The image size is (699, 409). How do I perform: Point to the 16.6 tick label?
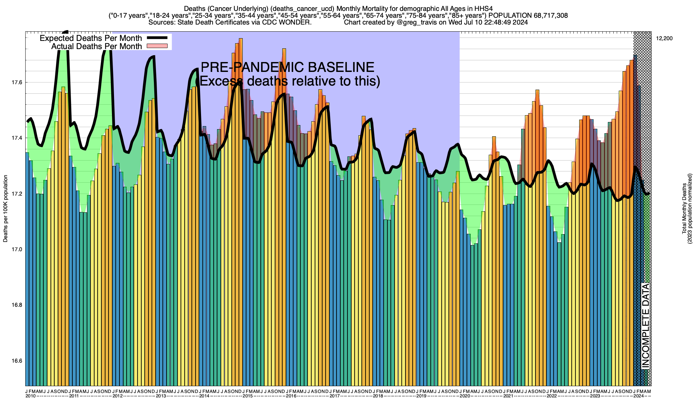[x=17, y=361]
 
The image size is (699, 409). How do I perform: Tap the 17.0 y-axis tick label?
[x=17, y=249]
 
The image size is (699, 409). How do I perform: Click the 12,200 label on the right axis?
[x=664, y=39]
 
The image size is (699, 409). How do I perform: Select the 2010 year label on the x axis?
[x=30, y=396]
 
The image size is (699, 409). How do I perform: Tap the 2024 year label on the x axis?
[x=638, y=396]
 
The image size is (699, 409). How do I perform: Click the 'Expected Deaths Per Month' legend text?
[x=91, y=38]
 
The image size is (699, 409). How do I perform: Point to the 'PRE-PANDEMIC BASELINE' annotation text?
[x=287, y=67]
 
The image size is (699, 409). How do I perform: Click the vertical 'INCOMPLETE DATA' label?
[x=645, y=325]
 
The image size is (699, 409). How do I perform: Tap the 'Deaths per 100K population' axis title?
[x=5, y=209]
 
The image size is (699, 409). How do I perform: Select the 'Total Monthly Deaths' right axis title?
[x=684, y=209]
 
